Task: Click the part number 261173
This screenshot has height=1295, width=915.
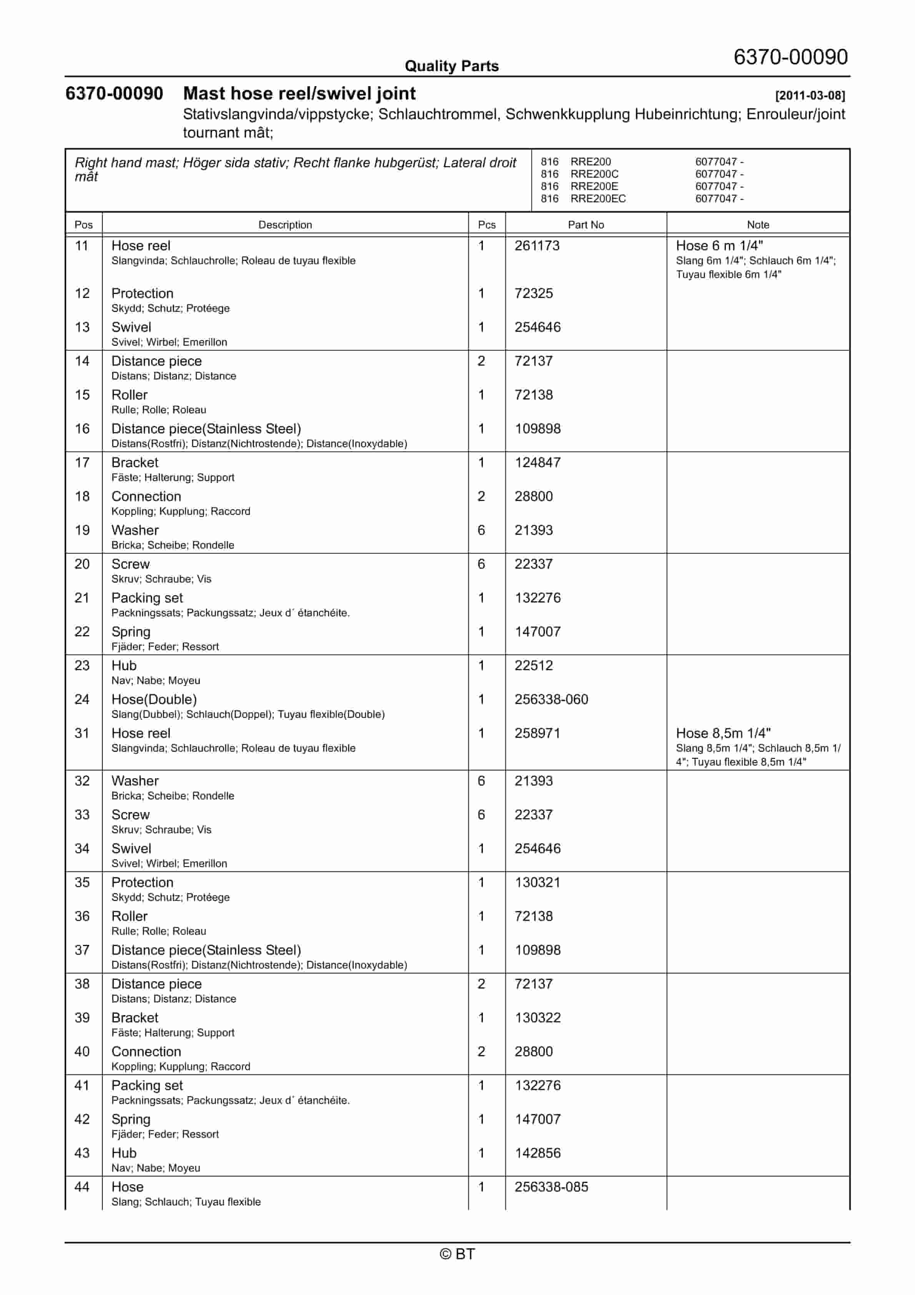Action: (536, 246)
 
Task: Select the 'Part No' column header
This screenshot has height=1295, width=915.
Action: (586, 225)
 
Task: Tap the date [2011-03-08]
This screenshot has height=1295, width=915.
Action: (810, 95)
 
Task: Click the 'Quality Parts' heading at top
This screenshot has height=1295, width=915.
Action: (451, 66)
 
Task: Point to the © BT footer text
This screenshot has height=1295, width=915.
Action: (457, 1254)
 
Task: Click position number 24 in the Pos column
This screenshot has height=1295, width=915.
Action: (82, 699)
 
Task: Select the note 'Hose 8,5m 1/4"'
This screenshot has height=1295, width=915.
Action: (723, 733)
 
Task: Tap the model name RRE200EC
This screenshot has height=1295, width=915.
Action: (598, 198)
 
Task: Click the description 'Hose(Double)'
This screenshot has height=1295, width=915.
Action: (154, 699)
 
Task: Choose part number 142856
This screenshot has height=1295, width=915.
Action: (537, 1153)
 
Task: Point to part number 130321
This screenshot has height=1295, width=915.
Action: (537, 882)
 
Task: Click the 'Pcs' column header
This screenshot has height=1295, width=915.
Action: (486, 225)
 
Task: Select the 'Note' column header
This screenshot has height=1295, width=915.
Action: (758, 225)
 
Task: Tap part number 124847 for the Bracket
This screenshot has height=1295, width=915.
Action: (537, 463)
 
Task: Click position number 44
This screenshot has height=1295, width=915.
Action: (82, 1187)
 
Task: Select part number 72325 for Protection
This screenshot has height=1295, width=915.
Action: (533, 293)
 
